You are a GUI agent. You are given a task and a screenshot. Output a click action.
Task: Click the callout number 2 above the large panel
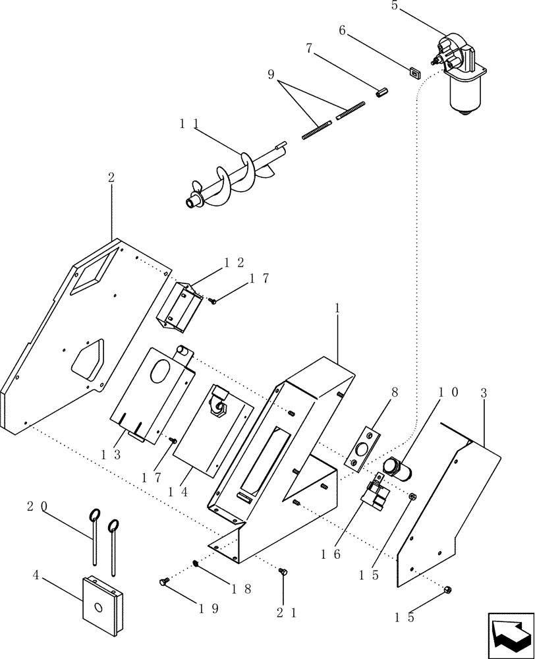[x=111, y=177]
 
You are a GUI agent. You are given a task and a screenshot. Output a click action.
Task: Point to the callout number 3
[x=484, y=393]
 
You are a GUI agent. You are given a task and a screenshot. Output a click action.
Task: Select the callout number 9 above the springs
[x=271, y=74]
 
